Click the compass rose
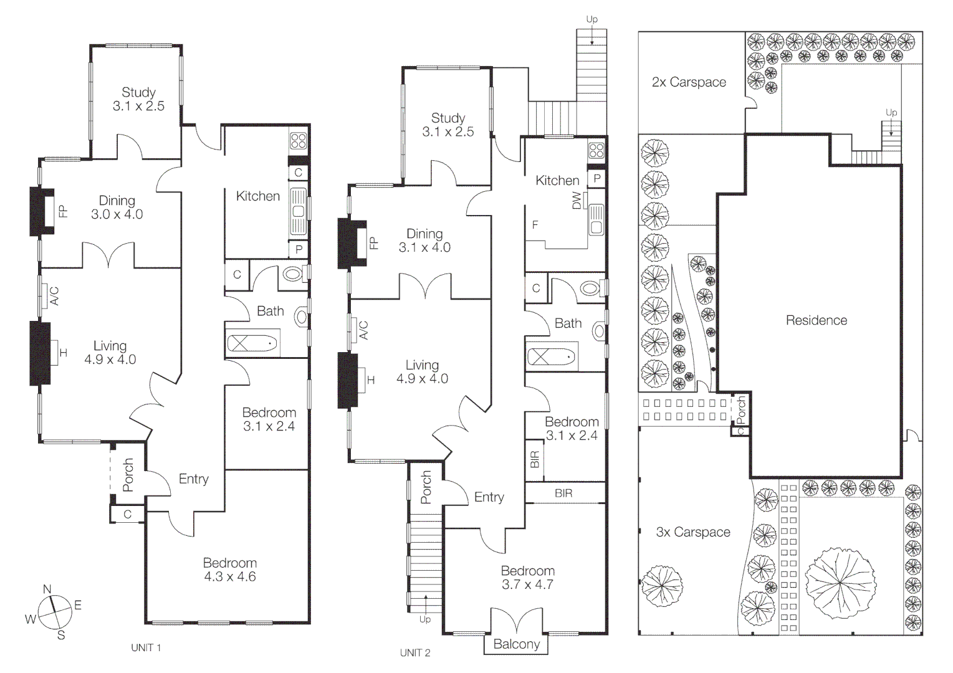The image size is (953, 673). (55, 613)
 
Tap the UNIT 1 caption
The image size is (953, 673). (146, 648)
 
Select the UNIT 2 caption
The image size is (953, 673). (415, 653)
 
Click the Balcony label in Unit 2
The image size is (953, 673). (517, 644)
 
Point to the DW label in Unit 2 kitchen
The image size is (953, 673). (577, 201)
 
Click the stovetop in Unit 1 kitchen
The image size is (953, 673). (298, 141)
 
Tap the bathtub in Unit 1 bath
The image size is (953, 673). (252, 343)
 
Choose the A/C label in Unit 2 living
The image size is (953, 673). (363, 330)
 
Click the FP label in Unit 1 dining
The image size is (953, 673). (63, 211)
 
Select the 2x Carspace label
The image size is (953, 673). (689, 82)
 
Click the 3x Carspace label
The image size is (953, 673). (693, 532)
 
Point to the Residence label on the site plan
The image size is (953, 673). (817, 320)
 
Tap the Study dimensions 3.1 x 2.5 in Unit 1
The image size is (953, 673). (138, 106)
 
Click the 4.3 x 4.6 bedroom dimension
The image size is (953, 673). (230, 577)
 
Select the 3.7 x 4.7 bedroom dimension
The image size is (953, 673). (527, 585)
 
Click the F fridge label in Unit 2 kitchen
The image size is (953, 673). (535, 224)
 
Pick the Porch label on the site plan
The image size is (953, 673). (741, 410)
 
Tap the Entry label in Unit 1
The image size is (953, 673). (194, 479)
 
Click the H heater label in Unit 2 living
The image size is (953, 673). (371, 380)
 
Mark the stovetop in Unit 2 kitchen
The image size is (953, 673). (596, 150)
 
